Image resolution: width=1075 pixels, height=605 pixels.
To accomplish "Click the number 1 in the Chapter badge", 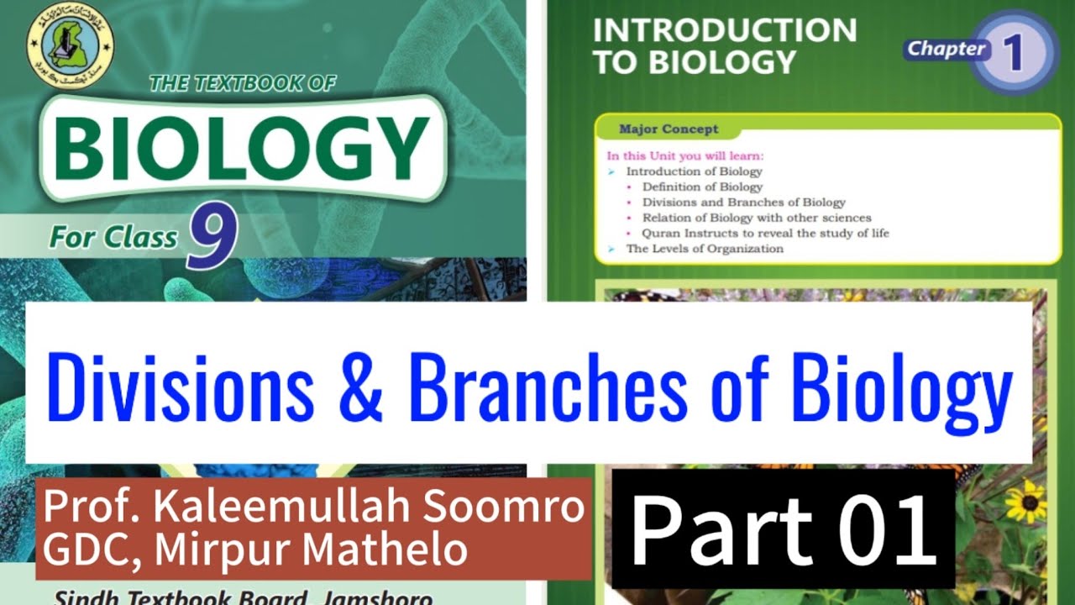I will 1012,52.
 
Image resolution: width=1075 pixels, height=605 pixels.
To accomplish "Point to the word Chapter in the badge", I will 947,49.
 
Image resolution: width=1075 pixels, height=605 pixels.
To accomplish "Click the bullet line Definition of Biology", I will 702,187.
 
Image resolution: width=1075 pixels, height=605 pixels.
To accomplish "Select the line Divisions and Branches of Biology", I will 743,203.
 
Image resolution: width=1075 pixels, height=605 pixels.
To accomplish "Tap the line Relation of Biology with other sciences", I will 756,218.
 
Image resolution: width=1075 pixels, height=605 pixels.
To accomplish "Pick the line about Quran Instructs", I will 765,233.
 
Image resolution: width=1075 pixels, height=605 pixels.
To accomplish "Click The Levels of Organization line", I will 705,249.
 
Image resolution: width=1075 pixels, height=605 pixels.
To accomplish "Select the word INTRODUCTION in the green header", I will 724,31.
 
